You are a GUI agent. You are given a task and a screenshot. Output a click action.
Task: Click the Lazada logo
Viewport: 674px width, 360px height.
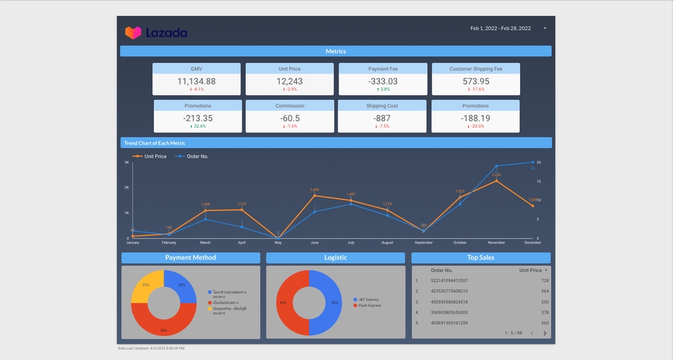tap(156, 32)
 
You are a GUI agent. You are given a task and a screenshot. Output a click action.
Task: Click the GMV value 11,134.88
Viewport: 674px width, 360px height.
tap(197, 81)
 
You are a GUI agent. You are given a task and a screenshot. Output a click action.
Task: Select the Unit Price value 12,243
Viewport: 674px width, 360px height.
tap(290, 81)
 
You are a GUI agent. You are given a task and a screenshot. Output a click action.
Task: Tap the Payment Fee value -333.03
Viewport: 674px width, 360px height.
tap(383, 81)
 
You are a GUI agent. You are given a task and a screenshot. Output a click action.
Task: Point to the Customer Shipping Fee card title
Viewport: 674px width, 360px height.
tap(475, 69)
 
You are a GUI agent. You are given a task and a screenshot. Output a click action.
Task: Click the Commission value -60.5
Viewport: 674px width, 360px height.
tap(290, 118)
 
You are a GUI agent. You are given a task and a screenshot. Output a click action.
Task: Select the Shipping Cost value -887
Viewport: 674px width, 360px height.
tap(382, 118)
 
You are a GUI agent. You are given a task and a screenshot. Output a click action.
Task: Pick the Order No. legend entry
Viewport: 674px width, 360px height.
tap(197, 156)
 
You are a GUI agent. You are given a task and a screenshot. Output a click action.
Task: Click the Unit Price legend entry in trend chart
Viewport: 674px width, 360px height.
tap(154, 156)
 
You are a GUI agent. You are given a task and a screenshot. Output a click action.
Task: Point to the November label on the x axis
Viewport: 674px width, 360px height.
tap(496, 243)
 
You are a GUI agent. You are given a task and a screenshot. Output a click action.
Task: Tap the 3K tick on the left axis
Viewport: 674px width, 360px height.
tap(126, 162)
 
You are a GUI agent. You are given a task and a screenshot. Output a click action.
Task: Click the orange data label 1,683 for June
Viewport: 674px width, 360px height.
tap(315, 189)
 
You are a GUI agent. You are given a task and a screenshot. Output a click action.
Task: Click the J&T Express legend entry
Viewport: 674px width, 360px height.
tap(366, 300)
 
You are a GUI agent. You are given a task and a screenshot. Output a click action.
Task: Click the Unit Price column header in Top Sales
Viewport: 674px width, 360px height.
tap(530, 270)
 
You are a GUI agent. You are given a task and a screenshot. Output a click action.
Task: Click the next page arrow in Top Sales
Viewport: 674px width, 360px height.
tap(545, 333)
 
